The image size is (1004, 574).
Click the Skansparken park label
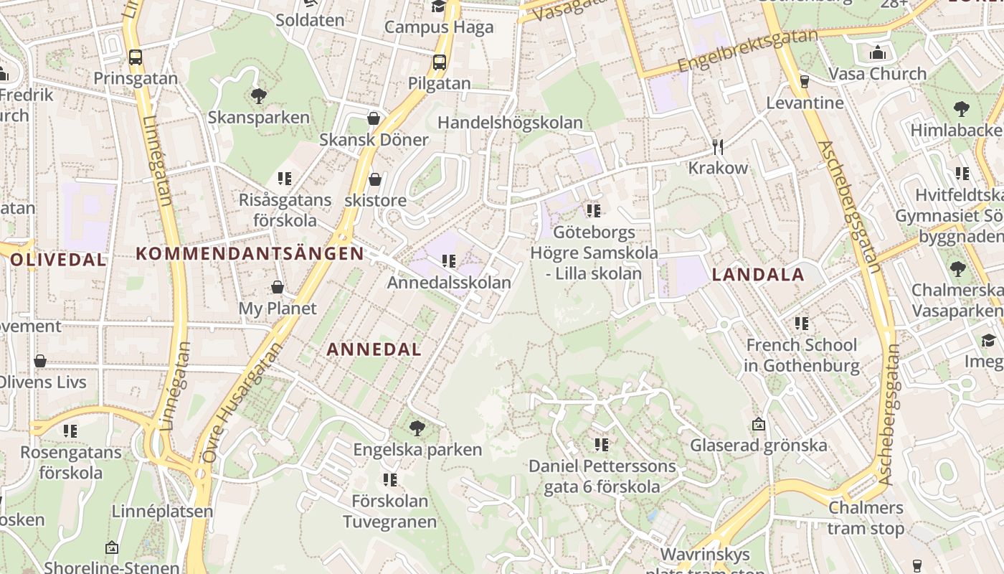coord(259,117)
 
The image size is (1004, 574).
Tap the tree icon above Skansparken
coord(259,95)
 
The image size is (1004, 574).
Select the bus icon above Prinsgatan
coord(136,57)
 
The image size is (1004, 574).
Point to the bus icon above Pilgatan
coord(440,62)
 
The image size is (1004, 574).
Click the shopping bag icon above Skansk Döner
coord(374,118)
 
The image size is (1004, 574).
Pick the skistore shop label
coord(375,200)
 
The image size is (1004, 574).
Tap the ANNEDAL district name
coord(374,349)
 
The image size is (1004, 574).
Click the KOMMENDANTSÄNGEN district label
coord(250,253)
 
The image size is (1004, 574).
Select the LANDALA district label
coord(758,274)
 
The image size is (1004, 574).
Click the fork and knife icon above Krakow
coord(718,147)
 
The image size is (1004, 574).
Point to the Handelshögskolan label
coord(511,123)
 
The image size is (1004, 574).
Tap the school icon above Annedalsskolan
coord(450,261)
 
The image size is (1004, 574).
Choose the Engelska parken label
coord(417,451)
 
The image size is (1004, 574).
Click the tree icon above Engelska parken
coord(417,429)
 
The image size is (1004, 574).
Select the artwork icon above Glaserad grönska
coord(759,424)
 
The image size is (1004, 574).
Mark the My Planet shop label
coord(278,309)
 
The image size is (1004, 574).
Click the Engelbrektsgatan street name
coord(747,50)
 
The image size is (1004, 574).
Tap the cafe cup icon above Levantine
coord(805,82)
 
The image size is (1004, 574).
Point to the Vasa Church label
coord(877,73)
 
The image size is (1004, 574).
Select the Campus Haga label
coord(439,27)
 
